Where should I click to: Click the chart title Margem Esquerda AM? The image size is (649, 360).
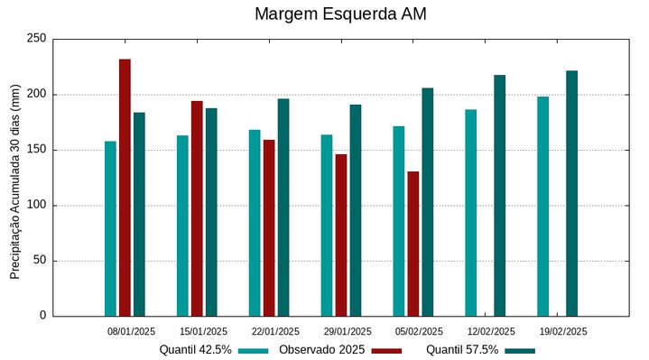[340, 14]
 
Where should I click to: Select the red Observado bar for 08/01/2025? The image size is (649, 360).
[125, 188]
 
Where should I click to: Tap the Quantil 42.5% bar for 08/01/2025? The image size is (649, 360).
[110, 228]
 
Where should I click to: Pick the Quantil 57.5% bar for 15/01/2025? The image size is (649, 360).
[211, 212]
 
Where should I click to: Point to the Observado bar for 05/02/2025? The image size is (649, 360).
[413, 244]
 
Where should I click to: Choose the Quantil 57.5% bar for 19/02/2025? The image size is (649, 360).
[571, 193]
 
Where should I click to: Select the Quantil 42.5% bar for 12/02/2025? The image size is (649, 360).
[470, 212]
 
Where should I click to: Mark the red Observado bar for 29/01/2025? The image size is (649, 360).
[341, 235]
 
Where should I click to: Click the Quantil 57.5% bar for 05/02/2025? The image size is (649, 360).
[427, 201]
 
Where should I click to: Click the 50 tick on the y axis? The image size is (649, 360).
[39, 261]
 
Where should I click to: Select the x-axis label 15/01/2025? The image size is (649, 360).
[203, 331]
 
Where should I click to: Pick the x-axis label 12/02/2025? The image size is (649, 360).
[491, 331]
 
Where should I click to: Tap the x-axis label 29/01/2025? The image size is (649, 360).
[348, 331]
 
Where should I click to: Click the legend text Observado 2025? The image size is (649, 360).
[321, 349]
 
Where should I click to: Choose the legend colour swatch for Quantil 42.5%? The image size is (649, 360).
[254, 350]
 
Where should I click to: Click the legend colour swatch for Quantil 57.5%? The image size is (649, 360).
[520, 350]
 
